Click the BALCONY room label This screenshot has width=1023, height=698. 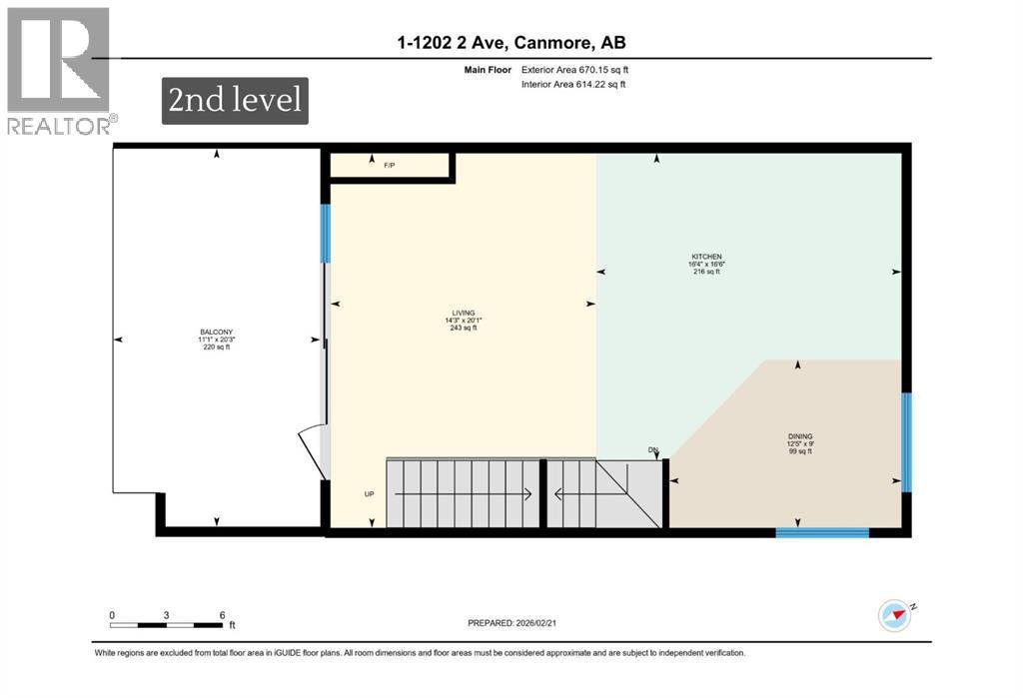(215, 340)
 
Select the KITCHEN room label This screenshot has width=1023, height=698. (706, 265)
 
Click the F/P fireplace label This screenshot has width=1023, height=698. (390, 165)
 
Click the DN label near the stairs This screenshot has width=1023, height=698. (654, 451)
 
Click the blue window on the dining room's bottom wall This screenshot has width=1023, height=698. (822, 532)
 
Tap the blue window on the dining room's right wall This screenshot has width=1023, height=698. (906, 441)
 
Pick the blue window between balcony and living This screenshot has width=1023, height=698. (325, 234)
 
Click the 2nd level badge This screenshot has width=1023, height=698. (235, 101)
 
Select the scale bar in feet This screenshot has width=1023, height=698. (167, 621)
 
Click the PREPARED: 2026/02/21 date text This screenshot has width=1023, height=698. (511, 623)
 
